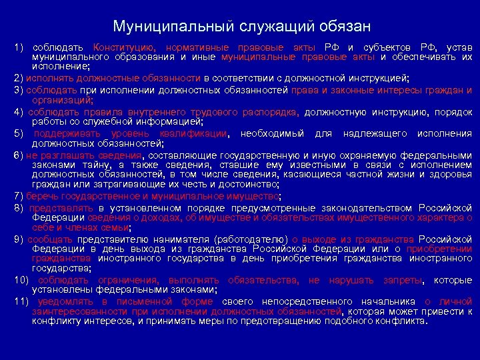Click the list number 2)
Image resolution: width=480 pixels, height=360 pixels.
19,77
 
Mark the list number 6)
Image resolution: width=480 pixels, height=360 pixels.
19,155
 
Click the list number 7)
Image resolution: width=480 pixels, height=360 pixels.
19,196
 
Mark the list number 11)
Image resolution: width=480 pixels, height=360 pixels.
21,301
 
